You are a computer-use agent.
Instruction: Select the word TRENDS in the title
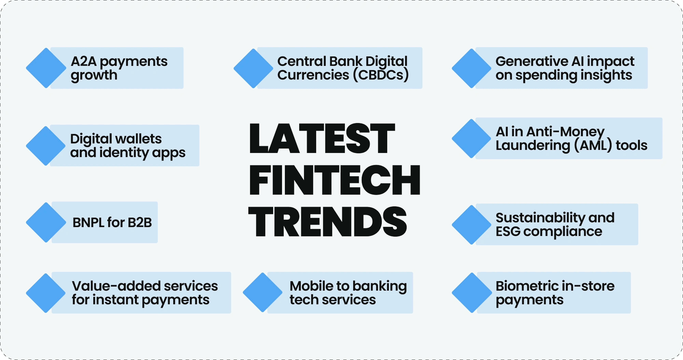click(327, 222)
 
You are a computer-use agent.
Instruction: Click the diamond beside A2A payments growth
click(46, 68)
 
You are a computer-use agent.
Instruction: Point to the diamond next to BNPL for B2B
click(46, 222)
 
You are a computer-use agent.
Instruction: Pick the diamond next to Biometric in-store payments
click(472, 293)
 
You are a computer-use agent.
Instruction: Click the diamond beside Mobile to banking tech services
click(262, 292)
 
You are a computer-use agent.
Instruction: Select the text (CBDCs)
click(381, 75)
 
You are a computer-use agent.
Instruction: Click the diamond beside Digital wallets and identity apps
click(46, 146)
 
